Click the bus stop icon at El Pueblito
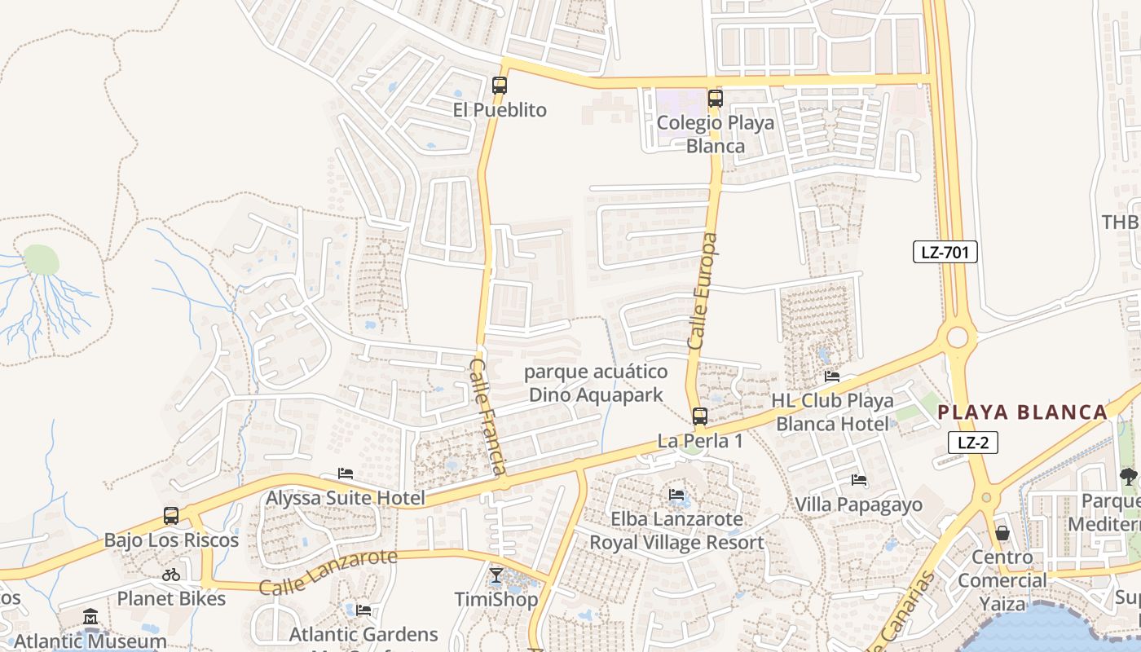(499, 85)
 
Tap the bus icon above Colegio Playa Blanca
(715, 99)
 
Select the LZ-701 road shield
(945, 252)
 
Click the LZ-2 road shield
(973, 443)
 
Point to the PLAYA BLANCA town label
(1022, 412)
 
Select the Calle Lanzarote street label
(328, 572)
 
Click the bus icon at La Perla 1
(699, 416)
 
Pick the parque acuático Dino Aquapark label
(596, 384)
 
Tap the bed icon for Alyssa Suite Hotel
(346, 474)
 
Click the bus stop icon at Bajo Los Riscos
(170, 516)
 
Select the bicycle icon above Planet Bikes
(170, 575)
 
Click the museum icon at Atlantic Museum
(90, 617)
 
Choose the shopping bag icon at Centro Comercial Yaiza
(1002, 533)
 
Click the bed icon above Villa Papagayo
(858, 480)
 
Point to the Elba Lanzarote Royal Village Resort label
(676, 531)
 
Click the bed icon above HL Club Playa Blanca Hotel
(831, 377)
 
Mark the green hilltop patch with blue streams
(41, 260)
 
